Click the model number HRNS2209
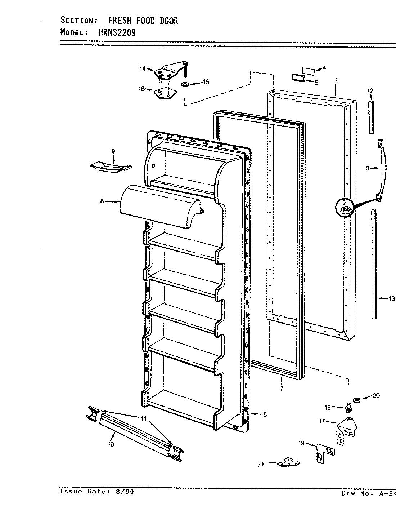[x=117, y=32]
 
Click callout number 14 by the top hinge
[x=143, y=68]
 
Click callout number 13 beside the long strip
[x=391, y=298]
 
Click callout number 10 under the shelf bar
[x=111, y=444]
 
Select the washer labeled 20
[x=357, y=400]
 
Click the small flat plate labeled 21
[x=287, y=462]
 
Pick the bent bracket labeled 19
[x=324, y=452]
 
